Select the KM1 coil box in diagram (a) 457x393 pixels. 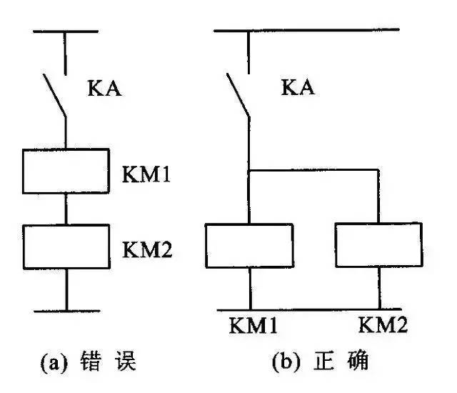point(66,171)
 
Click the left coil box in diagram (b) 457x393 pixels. point(250,244)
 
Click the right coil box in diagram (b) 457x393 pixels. point(378,244)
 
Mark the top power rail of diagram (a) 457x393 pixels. point(66,31)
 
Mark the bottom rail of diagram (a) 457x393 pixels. point(66,311)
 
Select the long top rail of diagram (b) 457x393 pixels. point(307,30)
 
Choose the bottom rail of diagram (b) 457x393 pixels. point(314,310)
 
